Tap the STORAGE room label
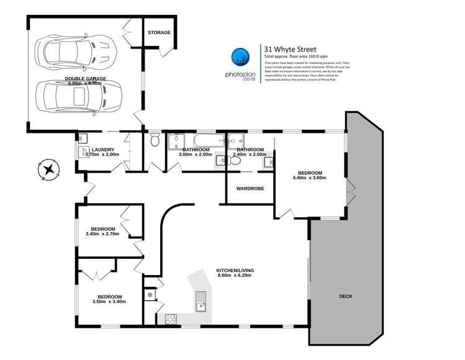pyautogui.click(x=159, y=32)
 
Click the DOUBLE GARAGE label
pyautogui.click(x=86, y=79)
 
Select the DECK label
pyautogui.click(x=345, y=296)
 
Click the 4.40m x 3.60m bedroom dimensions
pyautogui.click(x=310, y=178)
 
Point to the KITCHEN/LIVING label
pyautogui.click(x=235, y=271)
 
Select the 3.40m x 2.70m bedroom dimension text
pyautogui.click(x=104, y=235)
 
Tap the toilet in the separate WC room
pyautogui.click(x=155, y=141)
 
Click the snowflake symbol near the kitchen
pyautogui.click(x=150, y=295)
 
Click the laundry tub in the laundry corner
pyautogui.click(x=84, y=138)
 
